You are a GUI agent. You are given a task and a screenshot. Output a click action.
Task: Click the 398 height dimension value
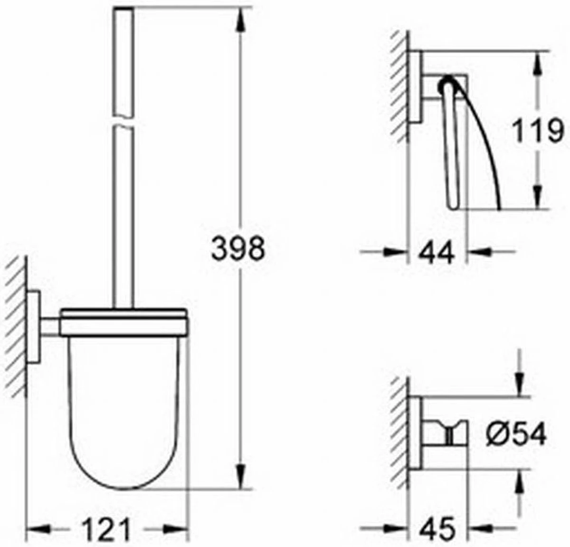237,249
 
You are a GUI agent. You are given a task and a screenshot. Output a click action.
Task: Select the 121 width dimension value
105,526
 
